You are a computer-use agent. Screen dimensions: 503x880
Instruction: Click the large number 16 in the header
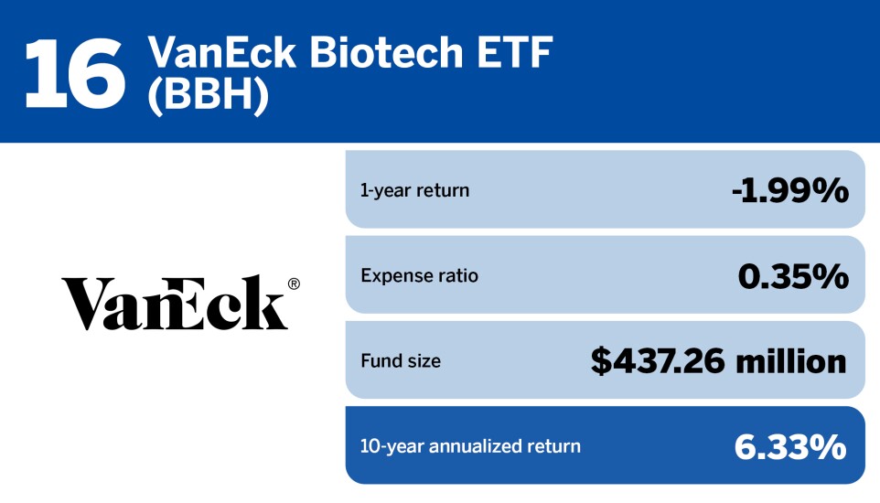point(74,70)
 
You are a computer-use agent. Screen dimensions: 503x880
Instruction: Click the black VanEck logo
point(174,303)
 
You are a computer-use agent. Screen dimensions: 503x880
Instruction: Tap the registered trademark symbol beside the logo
point(294,284)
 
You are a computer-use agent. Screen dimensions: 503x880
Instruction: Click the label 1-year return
point(414,191)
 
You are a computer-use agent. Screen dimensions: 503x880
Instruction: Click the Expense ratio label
point(419,275)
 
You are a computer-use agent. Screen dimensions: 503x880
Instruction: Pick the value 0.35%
point(793,275)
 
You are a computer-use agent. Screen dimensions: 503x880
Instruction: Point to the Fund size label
point(401,361)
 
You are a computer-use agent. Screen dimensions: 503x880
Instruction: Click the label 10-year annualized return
point(470,446)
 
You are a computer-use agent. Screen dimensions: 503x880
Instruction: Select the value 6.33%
point(790,446)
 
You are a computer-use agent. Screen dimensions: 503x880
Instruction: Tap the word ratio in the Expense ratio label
point(457,275)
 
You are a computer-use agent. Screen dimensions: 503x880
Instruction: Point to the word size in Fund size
point(423,361)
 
